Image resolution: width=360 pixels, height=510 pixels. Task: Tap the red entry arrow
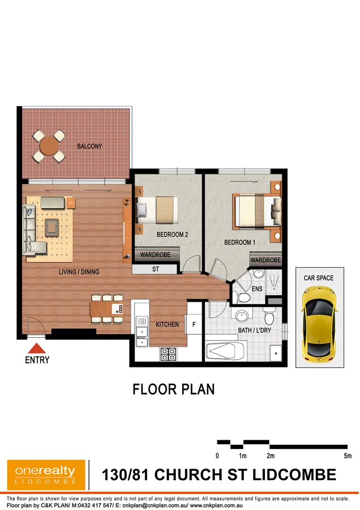[x=37, y=348]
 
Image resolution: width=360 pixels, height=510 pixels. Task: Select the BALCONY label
[x=90, y=146]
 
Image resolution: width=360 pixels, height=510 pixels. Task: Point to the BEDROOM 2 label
[x=172, y=234]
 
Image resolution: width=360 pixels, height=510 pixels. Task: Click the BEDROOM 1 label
[x=240, y=242]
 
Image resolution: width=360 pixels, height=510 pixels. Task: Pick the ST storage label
[x=155, y=270]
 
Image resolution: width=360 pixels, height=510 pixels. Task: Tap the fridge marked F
[x=194, y=324]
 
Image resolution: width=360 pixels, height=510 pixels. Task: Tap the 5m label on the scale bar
[x=348, y=456]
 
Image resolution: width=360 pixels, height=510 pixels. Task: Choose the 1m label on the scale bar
[x=243, y=456]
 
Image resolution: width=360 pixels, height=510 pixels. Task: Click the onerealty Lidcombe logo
[x=46, y=474]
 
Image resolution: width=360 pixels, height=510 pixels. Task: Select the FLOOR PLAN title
[x=174, y=389]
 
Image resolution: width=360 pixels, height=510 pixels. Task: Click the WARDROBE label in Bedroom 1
[x=266, y=260]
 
